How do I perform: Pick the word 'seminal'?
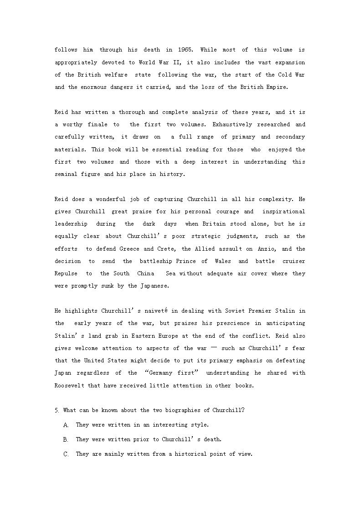pyautogui.click(x=67, y=174)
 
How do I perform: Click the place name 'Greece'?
pyautogui.click(x=129, y=249)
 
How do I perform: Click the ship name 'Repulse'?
pyautogui.click(x=67, y=273)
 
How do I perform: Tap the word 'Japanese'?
pyautogui.click(x=154, y=286)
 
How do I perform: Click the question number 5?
pyautogui.click(x=57, y=410)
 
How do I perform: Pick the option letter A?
pyautogui.click(x=66, y=425)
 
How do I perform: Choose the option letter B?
pyautogui.click(x=66, y=439)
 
